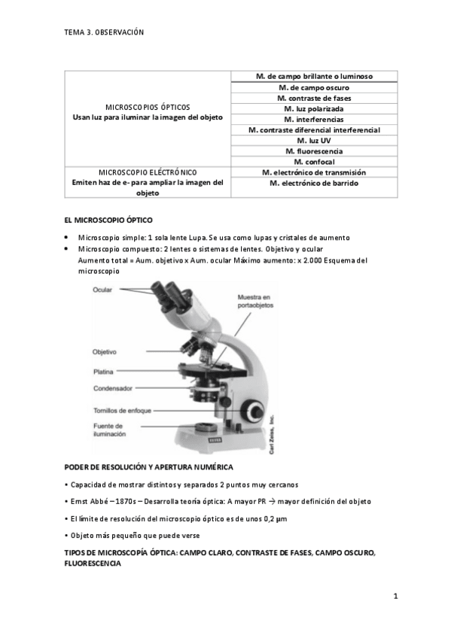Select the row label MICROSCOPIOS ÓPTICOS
[x=148, y=107]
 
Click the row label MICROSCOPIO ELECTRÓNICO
[x=148, y=172]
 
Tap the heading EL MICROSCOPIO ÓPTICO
[x=108, y=220]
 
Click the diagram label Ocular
[x=104, y=290]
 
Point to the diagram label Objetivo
[x=105, y=351]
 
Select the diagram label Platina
[x=104, y=371]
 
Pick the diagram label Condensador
[x=113, y=388]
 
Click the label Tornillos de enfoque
[x=123, y=410]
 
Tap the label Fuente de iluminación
[x=110, y=430]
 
